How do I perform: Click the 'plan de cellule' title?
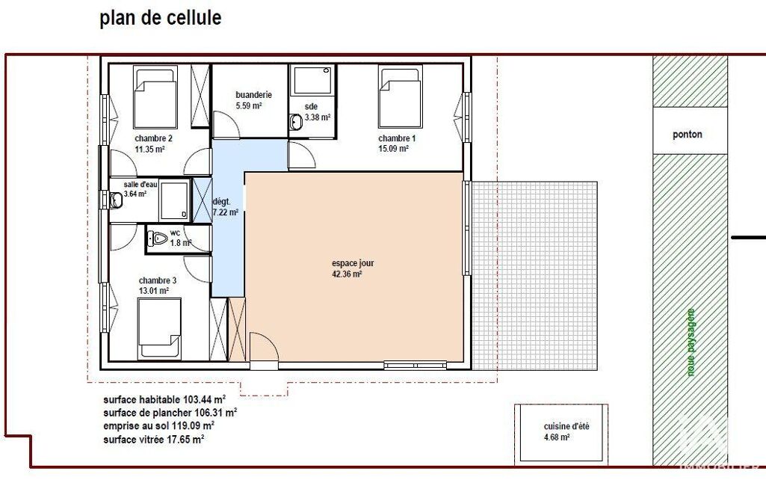coord(160,18)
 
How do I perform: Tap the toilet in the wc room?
coord(157,239)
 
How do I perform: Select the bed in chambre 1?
coord(400,96)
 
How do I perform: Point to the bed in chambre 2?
coord(155,96)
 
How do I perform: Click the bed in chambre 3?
coord(159,329)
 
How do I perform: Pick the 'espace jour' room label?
coord(353,263)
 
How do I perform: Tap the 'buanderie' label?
coord(253,95)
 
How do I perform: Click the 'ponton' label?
coord(688,135)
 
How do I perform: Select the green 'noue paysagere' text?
coord(691,342)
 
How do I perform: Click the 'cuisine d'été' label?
coord(566,426)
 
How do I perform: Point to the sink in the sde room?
coord(295,122)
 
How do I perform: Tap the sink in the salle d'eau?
coord(117,200)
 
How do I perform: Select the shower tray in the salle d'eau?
coord(174,200)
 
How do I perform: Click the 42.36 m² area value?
coord(347,274)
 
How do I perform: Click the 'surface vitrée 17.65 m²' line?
coord(153,440)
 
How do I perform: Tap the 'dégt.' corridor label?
coord(221,201)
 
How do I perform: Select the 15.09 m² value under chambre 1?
coord(393,149)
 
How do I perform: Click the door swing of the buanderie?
coord(226,125)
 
